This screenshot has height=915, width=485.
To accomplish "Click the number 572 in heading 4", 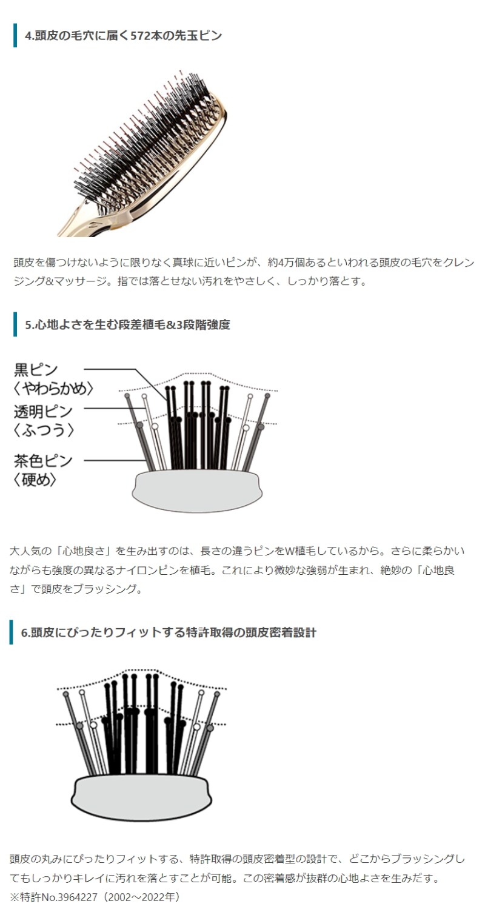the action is point(140,36).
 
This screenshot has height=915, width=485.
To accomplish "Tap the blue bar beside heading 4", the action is point(15,36).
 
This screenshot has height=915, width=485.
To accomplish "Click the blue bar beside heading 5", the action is point(15,324).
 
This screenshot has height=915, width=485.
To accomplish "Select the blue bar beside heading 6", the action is point(11,632).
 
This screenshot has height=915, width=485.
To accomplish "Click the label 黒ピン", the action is point(36,370).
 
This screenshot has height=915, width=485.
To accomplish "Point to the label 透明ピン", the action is point(43,411).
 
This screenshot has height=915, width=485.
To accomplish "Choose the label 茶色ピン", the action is point(43,461).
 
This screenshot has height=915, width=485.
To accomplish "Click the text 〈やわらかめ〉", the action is point(53,389).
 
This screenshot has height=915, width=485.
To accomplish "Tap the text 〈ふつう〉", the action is point(44,430).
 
